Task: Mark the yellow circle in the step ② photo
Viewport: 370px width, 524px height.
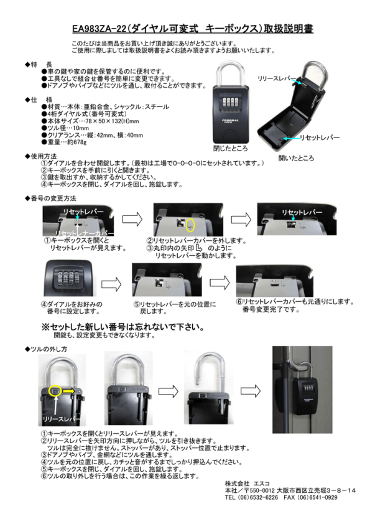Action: [190, 223]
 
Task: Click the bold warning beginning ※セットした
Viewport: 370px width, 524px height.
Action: [123, 326]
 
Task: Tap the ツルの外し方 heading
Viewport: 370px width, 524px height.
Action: [48, 349]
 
